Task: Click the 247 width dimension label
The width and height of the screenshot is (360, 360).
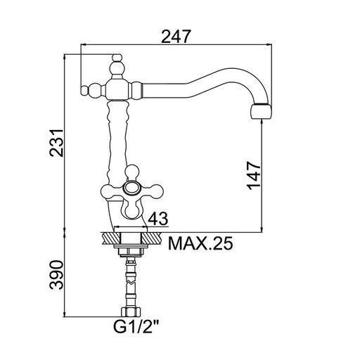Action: pyautogui.click(x=176, y=37)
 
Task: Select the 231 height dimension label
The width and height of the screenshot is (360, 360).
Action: pyautogui.click(x=56, y=143)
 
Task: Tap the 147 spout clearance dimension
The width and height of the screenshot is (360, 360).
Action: pyautogui.click(x=254, y=175)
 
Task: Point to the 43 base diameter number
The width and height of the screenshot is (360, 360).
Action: pyautogui.click(x=158, y=219)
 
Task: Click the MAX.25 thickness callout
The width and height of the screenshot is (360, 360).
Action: pyautogui.click(x=200, y=243)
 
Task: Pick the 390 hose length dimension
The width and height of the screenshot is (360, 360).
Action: pyautogui.click(x=56, y=274)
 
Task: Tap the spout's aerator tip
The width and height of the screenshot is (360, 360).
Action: pyautogui.click(x=262, y=111)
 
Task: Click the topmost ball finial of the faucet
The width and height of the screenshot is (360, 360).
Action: pyautogui.click(x=117, y=58)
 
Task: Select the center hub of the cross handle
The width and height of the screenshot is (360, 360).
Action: pyautogui.click(x=131, y=188)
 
